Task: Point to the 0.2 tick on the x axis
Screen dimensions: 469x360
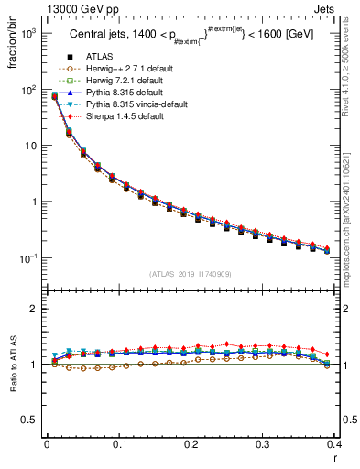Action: pos(191,445)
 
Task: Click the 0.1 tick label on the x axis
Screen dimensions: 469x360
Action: pos(119,445)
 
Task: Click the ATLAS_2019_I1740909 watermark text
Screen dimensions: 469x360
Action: pos(191,274)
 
